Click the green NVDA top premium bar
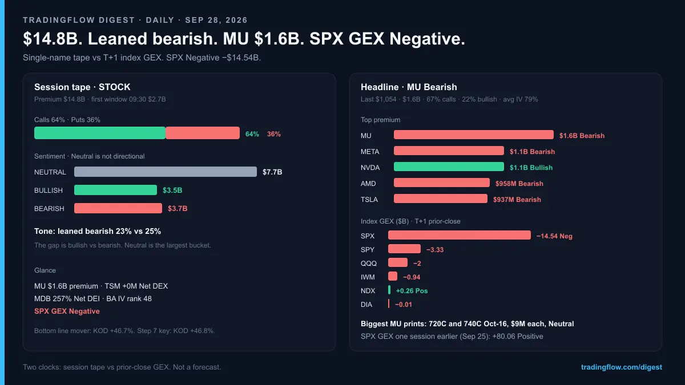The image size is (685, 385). (449, 167)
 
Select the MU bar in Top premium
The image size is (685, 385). (474, 135)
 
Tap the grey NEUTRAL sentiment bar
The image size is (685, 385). (166, 172)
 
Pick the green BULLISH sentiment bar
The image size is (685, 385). (115, 190)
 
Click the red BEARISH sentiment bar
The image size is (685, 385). (118, 208)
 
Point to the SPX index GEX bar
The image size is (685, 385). (460, 235)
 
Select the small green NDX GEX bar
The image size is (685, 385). (389, 290)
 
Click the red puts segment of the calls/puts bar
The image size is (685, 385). (203, 133)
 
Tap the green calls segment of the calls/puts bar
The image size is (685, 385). (100, 133)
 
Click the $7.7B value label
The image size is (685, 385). (272, 172)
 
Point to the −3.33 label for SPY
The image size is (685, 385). (435, 250)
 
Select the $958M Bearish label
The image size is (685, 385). (519, 184)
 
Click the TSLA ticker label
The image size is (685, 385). (369, 200)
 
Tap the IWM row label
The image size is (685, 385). (368, 277)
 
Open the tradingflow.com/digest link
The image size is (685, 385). (622, 367)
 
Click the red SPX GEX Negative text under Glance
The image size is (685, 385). (67, 311)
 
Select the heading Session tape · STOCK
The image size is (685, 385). (82, 87)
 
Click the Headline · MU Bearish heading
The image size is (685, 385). (409, 87)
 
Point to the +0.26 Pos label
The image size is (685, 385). (412, 291)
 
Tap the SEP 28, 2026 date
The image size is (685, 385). (216, 20)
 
